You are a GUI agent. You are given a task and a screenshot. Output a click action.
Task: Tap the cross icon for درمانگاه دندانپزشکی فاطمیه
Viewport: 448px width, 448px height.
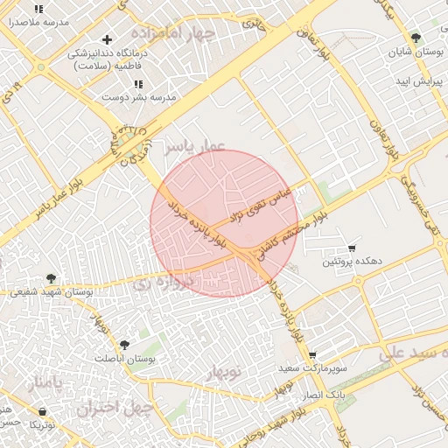coord(108,39)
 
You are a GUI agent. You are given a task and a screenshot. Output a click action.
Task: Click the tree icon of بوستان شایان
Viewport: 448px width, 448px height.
coord(415,38)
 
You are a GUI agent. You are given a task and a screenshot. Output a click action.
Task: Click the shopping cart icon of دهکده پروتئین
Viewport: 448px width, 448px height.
coord(352,248)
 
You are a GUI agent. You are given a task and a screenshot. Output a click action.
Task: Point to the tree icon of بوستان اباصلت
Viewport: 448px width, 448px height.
coord(124,346)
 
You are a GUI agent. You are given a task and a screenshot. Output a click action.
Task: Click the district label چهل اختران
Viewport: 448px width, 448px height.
coord(115,408)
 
